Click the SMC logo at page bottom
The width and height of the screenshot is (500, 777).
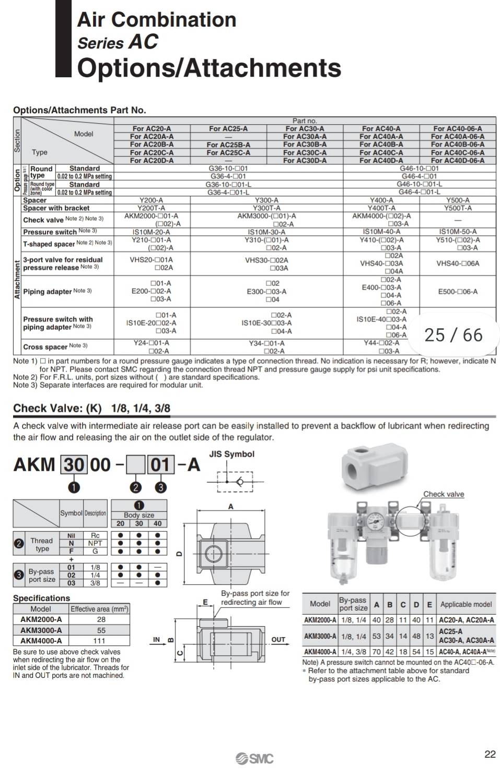coord(254,758)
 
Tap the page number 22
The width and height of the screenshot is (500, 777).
coord(490,754)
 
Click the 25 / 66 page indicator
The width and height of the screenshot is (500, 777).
coord(454,335)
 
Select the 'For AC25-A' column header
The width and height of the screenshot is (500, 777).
coord(228,128)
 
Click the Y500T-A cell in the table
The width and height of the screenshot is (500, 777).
coord(458,208)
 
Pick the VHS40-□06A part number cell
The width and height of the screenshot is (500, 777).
coord(458,264)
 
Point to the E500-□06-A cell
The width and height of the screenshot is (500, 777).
coord(458,292)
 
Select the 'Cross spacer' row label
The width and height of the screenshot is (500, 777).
coord(45,346)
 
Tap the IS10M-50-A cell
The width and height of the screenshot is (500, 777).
coord(458,232)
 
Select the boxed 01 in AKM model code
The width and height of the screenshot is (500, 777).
coord(160,464)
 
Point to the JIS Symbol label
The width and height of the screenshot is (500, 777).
coord(231,454)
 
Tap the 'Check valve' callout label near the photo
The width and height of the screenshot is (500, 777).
coord(443,494)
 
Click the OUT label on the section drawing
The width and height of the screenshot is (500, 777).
coord(278,639)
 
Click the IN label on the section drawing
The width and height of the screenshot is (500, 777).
coord(156,639)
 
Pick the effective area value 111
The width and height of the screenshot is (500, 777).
coord(101,640)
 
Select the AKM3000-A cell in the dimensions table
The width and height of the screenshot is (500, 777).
coord(320,636)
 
